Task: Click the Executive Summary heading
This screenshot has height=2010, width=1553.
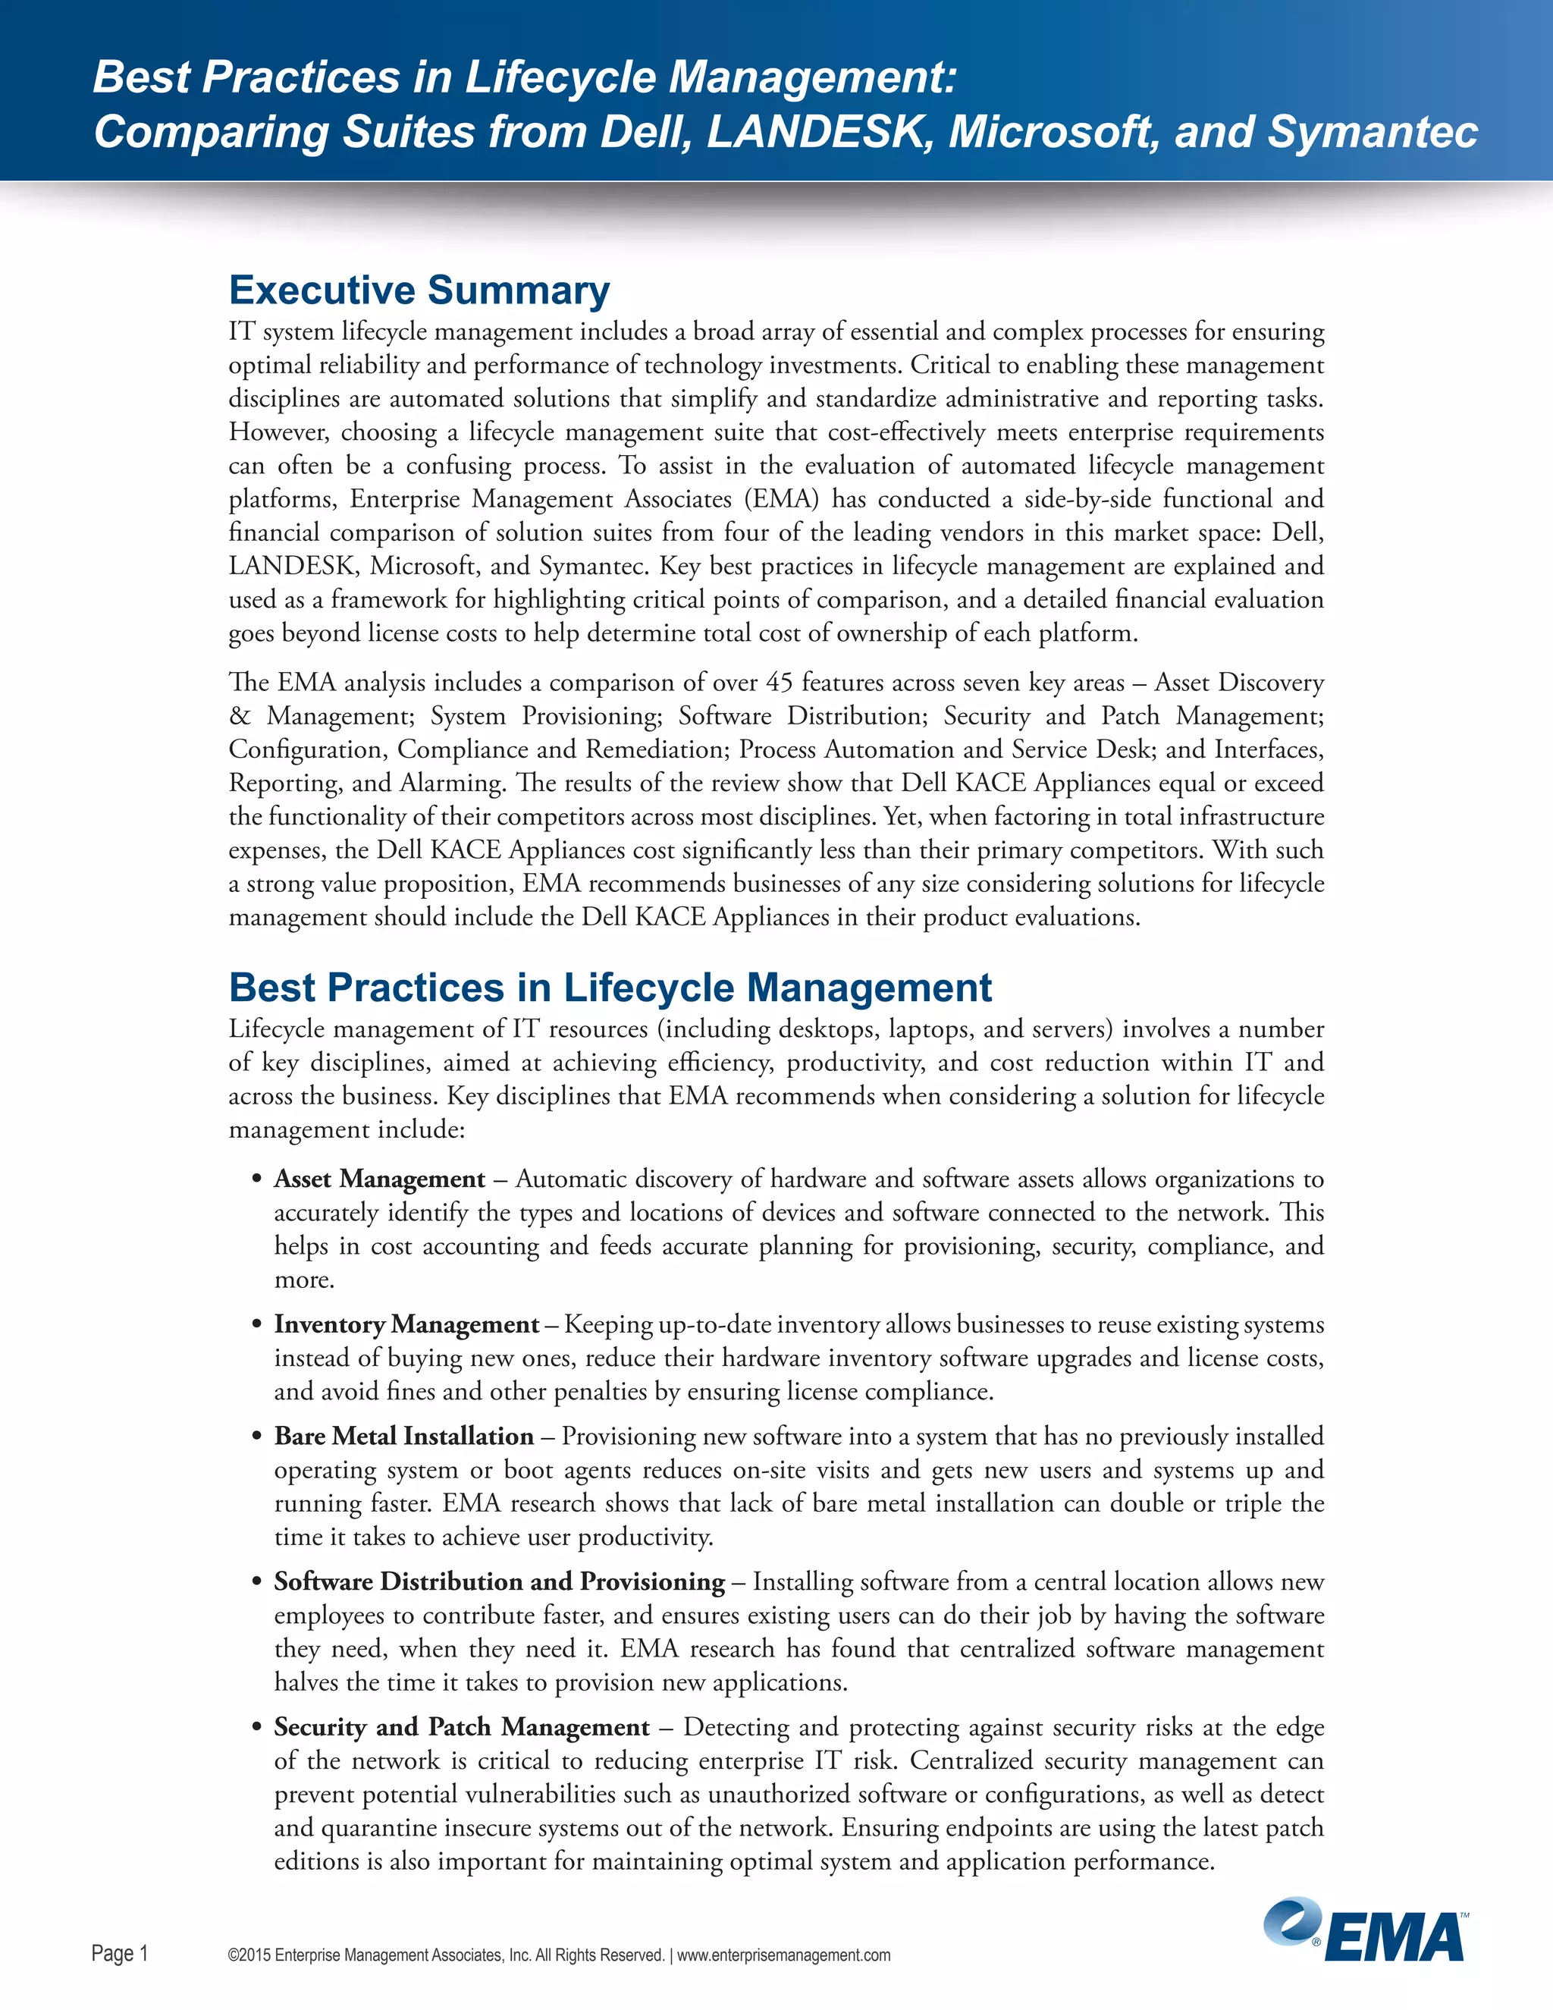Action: tap(419, 291)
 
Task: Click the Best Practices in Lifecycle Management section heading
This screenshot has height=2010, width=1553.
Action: tap(610, 988)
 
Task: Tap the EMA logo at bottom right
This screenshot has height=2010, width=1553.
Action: tap(1364, 1931)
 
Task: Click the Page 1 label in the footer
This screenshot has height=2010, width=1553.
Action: tap(120, 1953)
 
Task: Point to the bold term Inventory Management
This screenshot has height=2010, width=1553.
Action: tap(406, 1324)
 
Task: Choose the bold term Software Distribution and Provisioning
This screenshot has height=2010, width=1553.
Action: tap(500, 1581)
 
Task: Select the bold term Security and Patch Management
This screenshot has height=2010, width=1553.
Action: tap(462, 1726)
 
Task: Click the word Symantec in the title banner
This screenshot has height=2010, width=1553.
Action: tap(1372, 132)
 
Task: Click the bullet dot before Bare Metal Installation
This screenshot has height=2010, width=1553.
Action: tap(258, 1437)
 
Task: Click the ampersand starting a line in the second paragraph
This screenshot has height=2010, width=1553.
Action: tap(239, 716)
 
